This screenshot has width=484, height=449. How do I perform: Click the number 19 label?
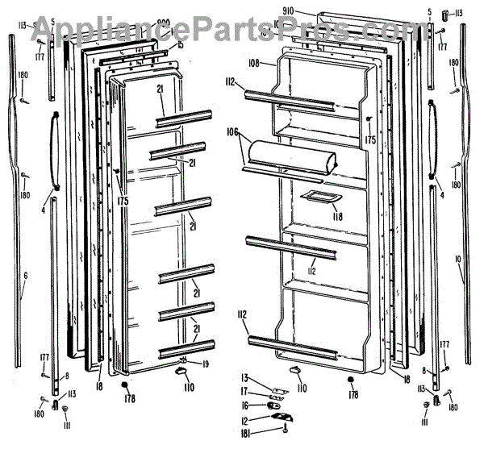207,364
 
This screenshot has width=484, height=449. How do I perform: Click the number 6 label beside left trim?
25,276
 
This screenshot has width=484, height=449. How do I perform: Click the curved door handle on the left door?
55,150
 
